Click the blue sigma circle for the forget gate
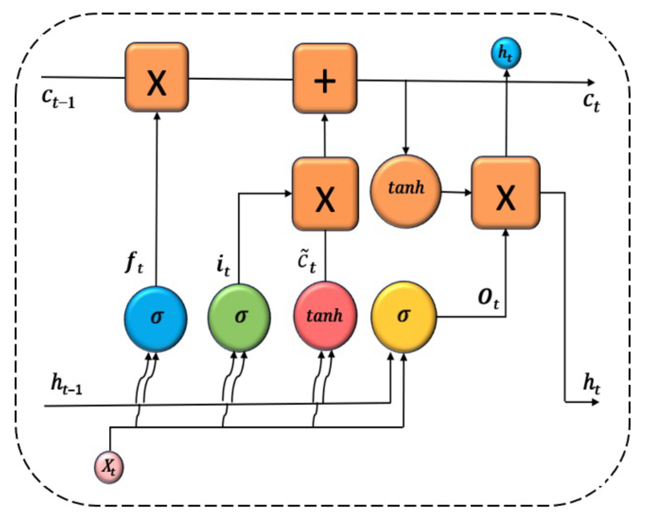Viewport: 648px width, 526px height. coord(156,319)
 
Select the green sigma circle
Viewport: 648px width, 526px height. coord(239,318)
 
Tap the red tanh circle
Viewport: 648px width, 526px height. coord(325,316)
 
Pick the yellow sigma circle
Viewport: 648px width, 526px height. coord(404,317)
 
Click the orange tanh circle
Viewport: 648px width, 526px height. coord(406,191)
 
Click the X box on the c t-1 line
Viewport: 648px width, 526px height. coord(157,77)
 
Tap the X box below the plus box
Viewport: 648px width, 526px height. coord(325,194)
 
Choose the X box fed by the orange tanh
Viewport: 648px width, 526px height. coord(506,193)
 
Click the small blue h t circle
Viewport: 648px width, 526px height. coord(506,53)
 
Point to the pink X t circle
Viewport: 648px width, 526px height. coord(109,467)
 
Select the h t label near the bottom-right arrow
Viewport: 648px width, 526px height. coord(591,384)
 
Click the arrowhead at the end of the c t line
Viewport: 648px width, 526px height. coord(591,82)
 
